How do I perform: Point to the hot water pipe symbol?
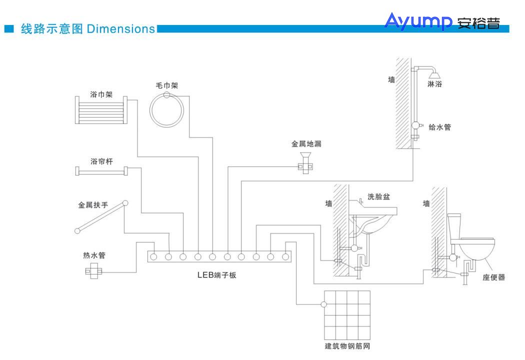[92, 272]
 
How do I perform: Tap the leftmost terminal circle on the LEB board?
[154, 257]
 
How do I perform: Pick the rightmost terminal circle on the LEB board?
[285, 257]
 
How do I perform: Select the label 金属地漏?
[306, 144]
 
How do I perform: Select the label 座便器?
[493, 277]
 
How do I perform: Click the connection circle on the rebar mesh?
[324, 304]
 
